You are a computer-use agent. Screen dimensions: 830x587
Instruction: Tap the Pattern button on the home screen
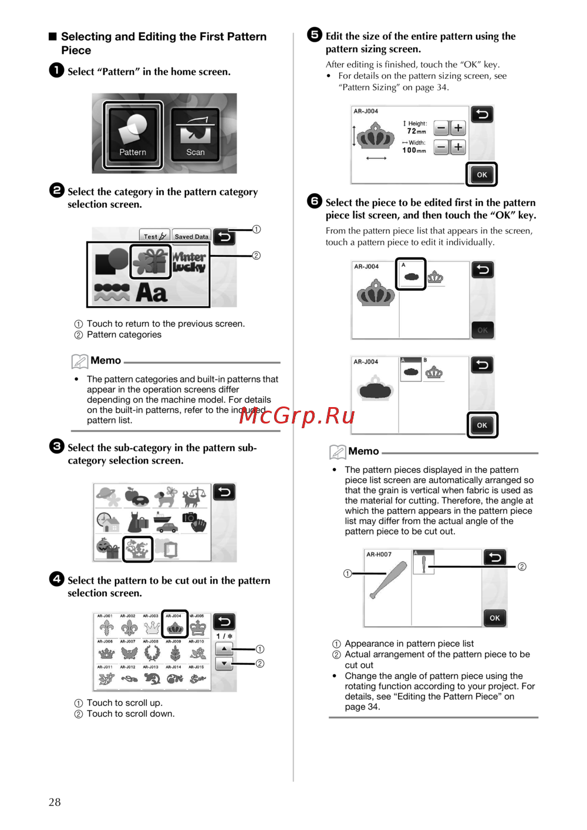pyautogui.click(x=133, y=135)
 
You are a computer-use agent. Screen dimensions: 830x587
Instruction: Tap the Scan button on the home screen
pyautogui.click(x=195, y=135)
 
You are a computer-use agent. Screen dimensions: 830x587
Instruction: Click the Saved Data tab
pyautogui.click(x=191, y=236)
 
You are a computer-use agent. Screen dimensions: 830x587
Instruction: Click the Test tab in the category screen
pyautogui.click(x=154, y=236)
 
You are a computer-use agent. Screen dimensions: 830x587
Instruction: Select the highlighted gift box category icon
pyautogui.click(x=150, y=261)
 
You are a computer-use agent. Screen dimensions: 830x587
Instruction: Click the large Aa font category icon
pyautogui.click(x=151, y=292)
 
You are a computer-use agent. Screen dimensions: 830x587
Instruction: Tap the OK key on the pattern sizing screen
pyautogui.click(x=482, y=174)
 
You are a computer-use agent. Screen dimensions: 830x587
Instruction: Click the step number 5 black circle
pyautogui.click(x=315, y=35)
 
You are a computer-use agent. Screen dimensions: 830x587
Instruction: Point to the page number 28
pyautogui.click(x=55, y=802)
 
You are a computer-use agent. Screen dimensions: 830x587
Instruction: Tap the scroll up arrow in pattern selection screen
pyautogui.click(x=224, y=649)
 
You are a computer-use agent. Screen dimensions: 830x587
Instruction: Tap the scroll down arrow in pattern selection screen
pyautogui.click(x=224, y=664)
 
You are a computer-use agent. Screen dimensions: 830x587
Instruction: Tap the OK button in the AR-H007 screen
pyautogui.click(x=495, y=618)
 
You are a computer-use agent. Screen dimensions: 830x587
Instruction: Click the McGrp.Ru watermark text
pyautogui.click(x=297, y=415)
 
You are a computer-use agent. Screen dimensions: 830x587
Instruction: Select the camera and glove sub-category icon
pyautogui.click(x=195, y=521)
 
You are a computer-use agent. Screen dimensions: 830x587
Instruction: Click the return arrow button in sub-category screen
pyautogui.click(x=224, y=492)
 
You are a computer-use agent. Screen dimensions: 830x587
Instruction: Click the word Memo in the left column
pyautogui.click(x=106, y=361)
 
